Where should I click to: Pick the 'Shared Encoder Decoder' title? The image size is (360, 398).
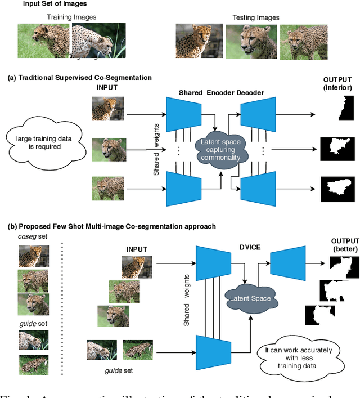pyautogui.click(x=221, y=92)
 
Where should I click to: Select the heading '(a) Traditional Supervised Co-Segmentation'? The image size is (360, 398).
pyautogui.click(x=80, y=78)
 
